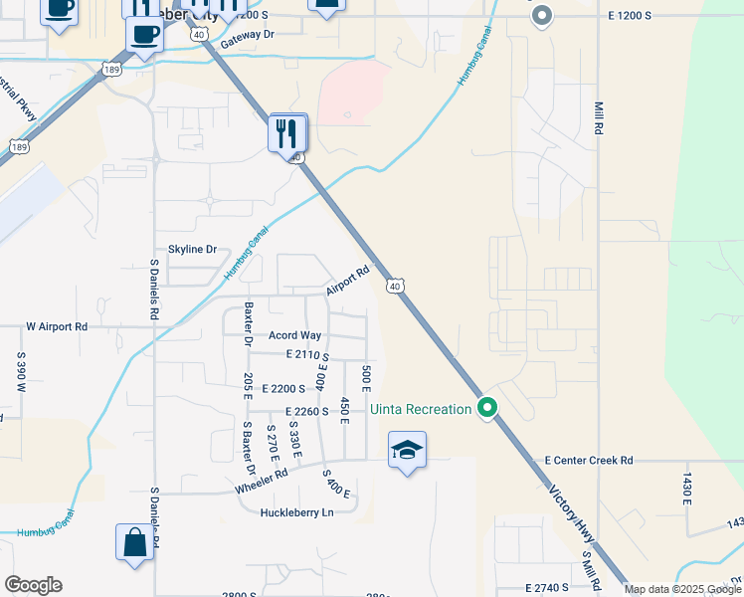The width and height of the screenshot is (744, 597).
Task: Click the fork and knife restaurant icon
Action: [287, 132]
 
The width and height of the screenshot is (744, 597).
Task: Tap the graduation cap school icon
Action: [407, 451]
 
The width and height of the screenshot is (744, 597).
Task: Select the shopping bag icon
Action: [134, 543]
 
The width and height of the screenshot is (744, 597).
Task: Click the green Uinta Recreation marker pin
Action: [487, 408]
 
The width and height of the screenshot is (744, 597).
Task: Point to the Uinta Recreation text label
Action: [420, 409]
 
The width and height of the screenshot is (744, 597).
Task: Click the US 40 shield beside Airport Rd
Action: [395, 287]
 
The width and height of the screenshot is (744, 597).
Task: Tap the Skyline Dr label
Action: [192, 249]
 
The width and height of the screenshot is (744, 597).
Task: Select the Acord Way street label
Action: [294, 335]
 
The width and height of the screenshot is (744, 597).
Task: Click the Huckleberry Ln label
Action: [295, 512]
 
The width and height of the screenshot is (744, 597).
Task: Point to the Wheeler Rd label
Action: [262, 477]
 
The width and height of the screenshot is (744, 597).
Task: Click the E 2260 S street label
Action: [306, 411]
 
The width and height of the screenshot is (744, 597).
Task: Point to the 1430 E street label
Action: [685, 490]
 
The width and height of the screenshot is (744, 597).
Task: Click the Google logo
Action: [33, 585]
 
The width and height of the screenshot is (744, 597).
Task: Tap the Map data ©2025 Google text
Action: [682, 589]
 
